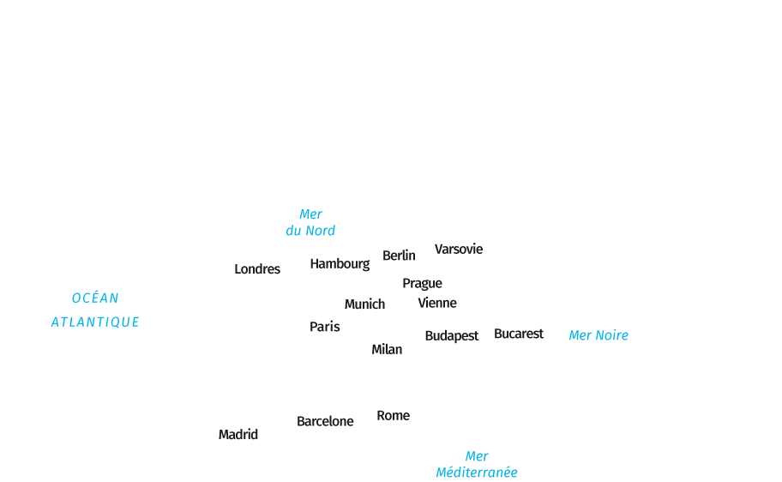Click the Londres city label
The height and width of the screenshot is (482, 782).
[x=257, y=269]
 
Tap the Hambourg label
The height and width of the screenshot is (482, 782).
[x=340, y=264]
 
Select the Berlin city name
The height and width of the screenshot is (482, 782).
[x=399, y=256]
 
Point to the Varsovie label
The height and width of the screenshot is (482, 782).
[x=459, y=250]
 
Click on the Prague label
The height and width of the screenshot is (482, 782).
[x=422, y=283]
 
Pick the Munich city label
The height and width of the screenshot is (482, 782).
[x=364, y=304]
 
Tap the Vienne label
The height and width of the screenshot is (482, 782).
[x=437, y=303]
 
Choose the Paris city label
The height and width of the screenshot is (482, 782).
[x=325, y=327]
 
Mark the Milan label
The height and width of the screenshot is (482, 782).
[x=387, y=349]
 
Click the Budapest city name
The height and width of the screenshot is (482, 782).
[x=451, y=336]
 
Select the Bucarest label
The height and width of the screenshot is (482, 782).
[x=519, y=334]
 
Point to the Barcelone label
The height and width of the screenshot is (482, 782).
[x=325, y=421]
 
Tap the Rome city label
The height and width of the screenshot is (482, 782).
[x=394, y=416]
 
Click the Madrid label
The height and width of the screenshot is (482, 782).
[x=238, y=435]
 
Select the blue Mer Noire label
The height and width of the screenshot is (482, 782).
[x=599, y=335]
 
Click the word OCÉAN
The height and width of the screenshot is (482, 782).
[x=95, y=298]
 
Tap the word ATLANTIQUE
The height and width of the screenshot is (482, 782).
[x=95, y=322]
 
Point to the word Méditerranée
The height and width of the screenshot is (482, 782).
[x=477, y=473]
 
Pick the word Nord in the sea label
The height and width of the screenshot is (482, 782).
[x=322, y=231]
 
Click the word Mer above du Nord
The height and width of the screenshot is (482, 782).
[x=310, y=214]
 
